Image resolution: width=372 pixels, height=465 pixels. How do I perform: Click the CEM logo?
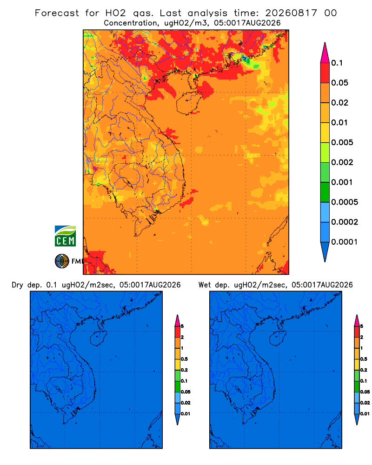(65, 236)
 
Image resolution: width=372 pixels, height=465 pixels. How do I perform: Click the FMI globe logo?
(62, 261)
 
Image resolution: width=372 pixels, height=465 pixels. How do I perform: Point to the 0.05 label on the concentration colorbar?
(339, 83)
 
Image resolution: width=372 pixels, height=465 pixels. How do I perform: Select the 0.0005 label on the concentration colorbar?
(345, 202)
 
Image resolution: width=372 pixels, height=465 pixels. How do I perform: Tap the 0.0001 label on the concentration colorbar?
(345, 242)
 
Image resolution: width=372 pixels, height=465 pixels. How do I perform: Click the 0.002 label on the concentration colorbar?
(342, 162)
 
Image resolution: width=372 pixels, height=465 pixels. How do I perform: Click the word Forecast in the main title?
(57, 13)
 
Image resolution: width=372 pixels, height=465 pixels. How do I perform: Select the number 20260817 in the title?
(291, 13)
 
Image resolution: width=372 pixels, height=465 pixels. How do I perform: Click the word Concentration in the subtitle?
(131, 23)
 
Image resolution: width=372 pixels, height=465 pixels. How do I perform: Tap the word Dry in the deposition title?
(18, 285)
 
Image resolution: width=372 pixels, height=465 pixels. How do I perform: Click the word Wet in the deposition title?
(205, 285)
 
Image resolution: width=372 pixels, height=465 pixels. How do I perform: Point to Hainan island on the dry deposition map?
(98, 339)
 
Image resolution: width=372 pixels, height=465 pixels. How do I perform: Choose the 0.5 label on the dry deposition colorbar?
(184, 359)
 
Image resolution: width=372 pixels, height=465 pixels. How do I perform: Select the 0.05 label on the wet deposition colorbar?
(365, 392)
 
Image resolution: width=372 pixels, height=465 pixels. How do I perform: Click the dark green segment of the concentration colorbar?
(325, 192)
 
